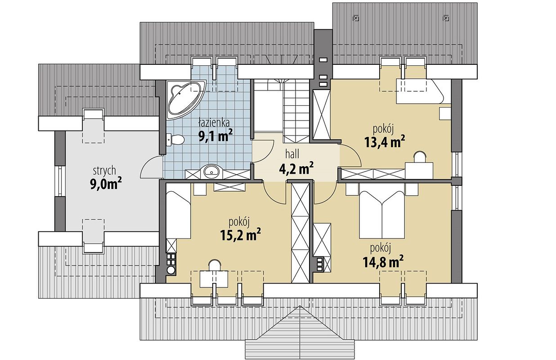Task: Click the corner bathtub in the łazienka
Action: pos(185,99)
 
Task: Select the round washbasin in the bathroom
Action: pos(211,171)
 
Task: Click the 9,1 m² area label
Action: pos(215,135)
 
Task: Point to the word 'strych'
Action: pos(104,171)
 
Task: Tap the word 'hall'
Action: pos(292,154)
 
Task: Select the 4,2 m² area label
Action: pos(296,169)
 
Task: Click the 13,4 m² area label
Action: pos(385,141)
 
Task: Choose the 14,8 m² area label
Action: pos(383,261)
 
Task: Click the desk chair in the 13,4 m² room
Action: pos(420,157)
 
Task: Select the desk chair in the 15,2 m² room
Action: pos(215,265)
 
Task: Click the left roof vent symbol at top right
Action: pos(356,18)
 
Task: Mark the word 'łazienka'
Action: pos(214,123)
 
